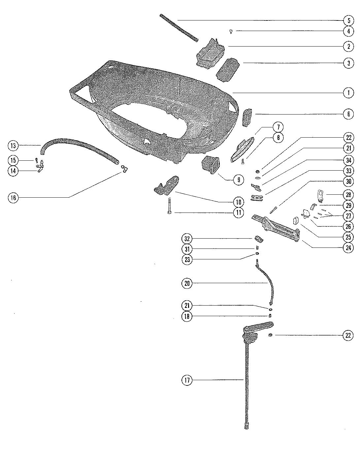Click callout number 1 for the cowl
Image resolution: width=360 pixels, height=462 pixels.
(348, 93)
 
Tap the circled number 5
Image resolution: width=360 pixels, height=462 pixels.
(348, 20)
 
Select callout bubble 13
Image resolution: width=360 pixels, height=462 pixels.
(13, 145)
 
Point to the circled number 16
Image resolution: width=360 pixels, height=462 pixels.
(13, 198)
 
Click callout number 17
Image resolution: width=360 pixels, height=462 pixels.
(187, 380)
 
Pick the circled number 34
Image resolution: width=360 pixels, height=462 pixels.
(348, 160)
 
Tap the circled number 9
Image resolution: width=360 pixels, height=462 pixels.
(239, 180)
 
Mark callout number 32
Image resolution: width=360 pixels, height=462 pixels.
(187, 238)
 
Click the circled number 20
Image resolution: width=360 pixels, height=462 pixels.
(187, 283)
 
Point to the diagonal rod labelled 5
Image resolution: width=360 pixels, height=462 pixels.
(179, 28)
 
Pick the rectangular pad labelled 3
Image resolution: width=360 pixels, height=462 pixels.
(227, 70)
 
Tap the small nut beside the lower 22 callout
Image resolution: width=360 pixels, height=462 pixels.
(270, 335)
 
